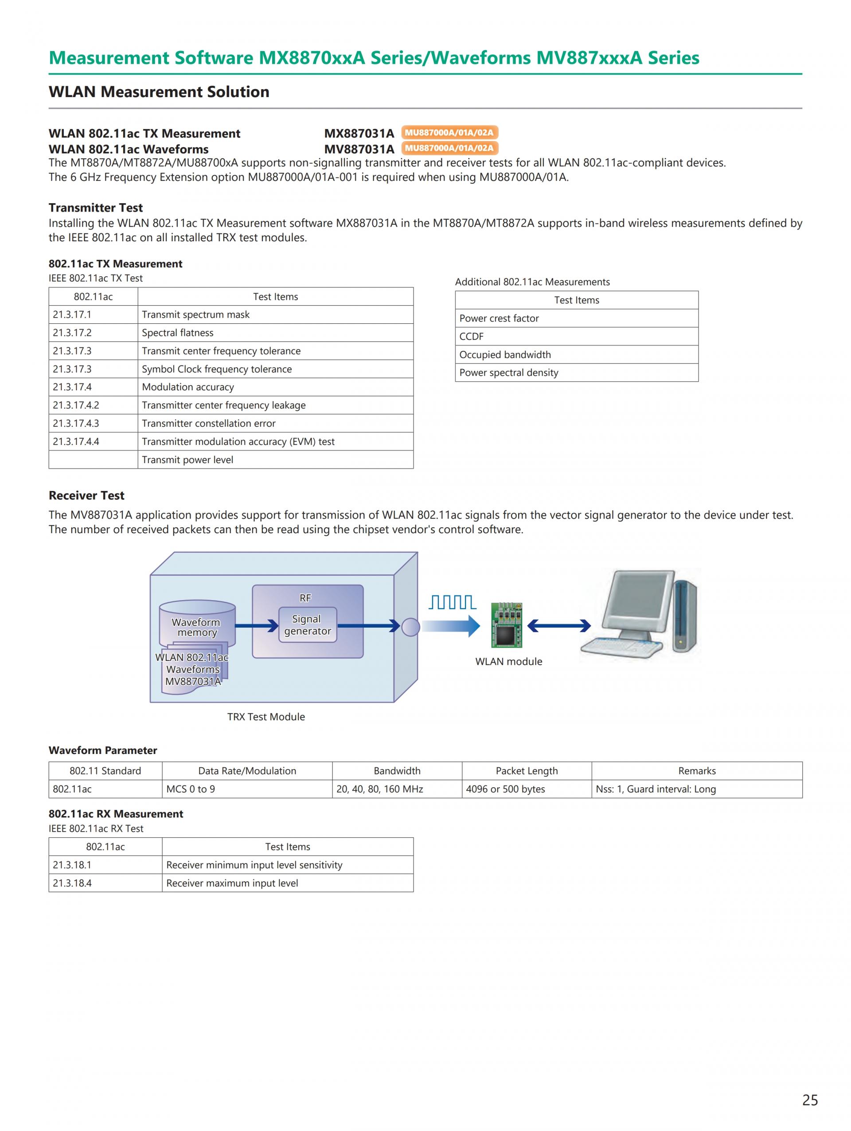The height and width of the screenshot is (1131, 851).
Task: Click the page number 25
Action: [x=810, y=1100]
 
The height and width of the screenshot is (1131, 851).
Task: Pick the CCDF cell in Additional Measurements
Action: [x=576, y=337]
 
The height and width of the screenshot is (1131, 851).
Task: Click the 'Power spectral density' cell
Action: [x=576, y=373]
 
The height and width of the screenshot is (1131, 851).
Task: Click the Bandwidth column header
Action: [x=397, y=771]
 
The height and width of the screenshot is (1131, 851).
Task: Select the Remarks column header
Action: [x=697, y=771]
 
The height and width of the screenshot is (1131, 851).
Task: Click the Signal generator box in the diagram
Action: [x=308, y=625]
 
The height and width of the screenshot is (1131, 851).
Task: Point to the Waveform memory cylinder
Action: [x=197, y=624]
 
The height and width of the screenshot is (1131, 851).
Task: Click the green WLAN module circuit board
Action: [x=506, y=625]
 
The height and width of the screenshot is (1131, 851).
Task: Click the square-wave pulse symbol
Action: [x=453, y=602]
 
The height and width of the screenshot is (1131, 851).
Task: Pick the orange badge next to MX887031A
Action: [x=449, y=133]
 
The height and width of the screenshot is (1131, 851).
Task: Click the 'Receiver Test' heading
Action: [x=86, y=495]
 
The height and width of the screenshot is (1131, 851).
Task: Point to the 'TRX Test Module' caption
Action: [x=266, y=717]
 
